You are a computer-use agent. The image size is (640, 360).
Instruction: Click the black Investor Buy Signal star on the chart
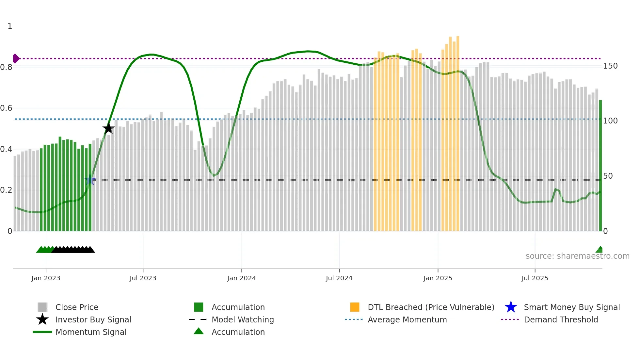108,128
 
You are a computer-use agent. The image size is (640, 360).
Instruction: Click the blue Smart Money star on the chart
90,180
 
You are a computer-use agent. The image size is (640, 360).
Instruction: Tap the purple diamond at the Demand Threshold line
16,58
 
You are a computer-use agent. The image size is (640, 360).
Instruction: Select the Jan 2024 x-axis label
241,278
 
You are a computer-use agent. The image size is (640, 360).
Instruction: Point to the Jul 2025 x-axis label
535,278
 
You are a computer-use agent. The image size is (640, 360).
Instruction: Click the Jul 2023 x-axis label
143,278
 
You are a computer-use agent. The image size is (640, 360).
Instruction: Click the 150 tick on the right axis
610,66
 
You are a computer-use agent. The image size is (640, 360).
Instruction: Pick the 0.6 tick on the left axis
7,108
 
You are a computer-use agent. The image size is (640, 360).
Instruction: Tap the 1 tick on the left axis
10,26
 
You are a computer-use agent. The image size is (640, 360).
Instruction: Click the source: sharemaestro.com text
577,256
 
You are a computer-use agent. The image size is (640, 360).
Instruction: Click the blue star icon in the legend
511,307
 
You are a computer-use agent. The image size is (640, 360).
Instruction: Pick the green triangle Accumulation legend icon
199,331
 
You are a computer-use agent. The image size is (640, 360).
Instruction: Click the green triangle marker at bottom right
600,250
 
